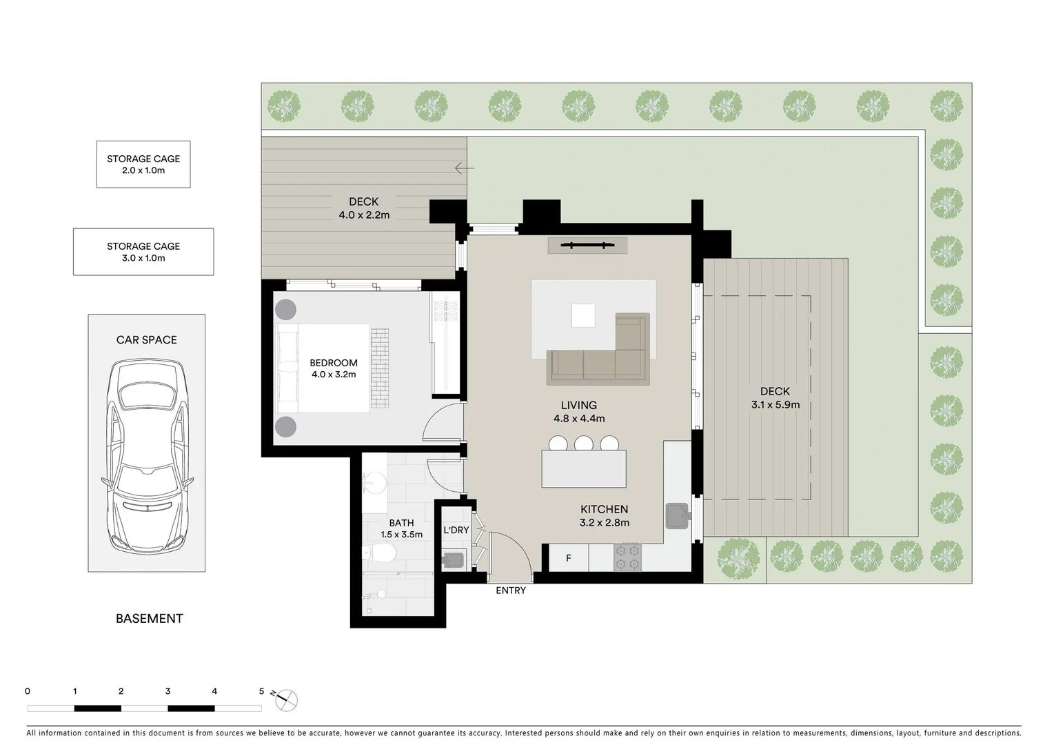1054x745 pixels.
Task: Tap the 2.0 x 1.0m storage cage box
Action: pyautogui.click(x=143, y=164)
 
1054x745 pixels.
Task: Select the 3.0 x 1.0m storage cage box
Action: pyautogui.click(x=143, y=252)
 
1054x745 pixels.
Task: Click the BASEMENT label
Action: pyautogui.click(x=150, y=619)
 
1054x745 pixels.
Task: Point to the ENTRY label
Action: pyautogui.click(x=511, y=590)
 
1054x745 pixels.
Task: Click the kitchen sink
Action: pyautogui.click(x=677, y=515)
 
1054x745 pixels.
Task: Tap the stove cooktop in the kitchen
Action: pyautogui.click(x=627, y=557)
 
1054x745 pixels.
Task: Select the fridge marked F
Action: pyautogui.click(x=569, y=558)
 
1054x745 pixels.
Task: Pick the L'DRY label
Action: pyautogui.click(x=456, y=530)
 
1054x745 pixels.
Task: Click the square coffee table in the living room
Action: pyautogui.click(x=583, y=316)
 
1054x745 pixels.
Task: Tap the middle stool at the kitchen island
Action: pyautogui.click(x=584, y=443)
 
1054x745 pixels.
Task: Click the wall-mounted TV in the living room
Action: pyautogui.click(x=587, y=244)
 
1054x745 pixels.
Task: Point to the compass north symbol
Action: pyautogui.click(x=286, y=699)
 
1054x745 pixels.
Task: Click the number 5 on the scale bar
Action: pyautogui.click(x=261, y=691)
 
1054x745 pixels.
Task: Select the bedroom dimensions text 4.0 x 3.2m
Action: pyautogui.click(x=334, y=375)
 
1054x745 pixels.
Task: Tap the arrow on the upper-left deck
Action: pyautogui.click(x=465, y=168)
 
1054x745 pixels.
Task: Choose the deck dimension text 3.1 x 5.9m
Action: pyautogui.click(x=776, y=405)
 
